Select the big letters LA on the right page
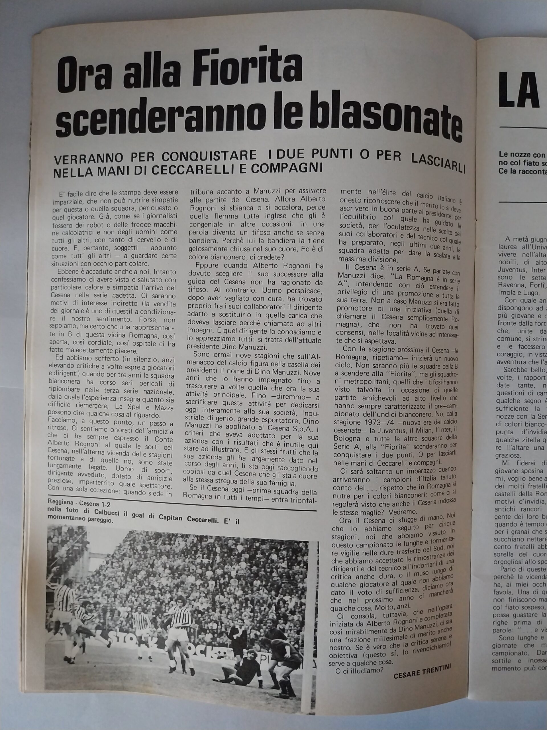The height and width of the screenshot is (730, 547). [x=524, y=91]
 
